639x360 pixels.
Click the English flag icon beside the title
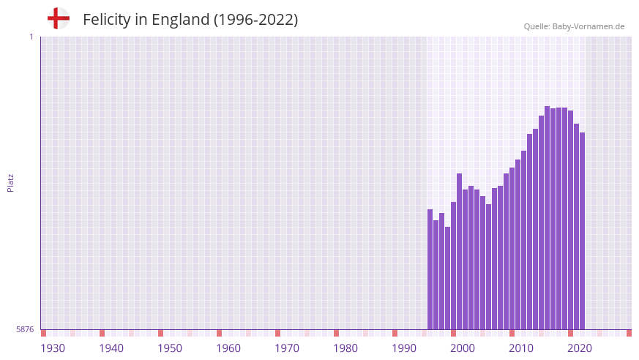[59, 19]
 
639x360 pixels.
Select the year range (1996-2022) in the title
[255, 20]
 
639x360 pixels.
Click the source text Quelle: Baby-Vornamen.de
[574, 26]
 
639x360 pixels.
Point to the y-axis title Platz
[10, 183]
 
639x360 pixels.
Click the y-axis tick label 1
[31, 37]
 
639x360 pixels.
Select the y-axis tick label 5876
[25, 330]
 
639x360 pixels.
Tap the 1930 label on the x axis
[53, 348]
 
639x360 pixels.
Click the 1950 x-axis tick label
[170, 348]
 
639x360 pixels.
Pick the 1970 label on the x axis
[287, 348]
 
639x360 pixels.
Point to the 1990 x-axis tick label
[404, 348]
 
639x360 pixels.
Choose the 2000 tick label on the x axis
[463, 348]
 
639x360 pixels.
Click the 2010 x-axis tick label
[521, 348]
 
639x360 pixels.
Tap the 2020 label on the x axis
[580, 348]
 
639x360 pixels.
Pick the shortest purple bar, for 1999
[448, 278]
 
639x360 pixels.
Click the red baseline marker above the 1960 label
[219, 333]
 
